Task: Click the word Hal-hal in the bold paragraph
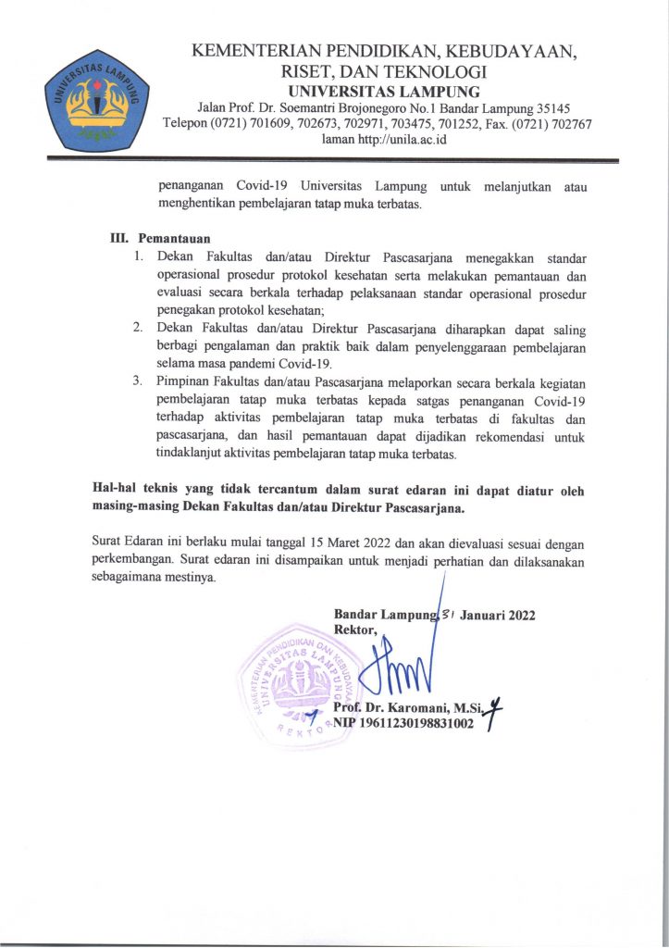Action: (116, 489)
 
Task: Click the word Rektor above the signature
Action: (353, 631)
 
